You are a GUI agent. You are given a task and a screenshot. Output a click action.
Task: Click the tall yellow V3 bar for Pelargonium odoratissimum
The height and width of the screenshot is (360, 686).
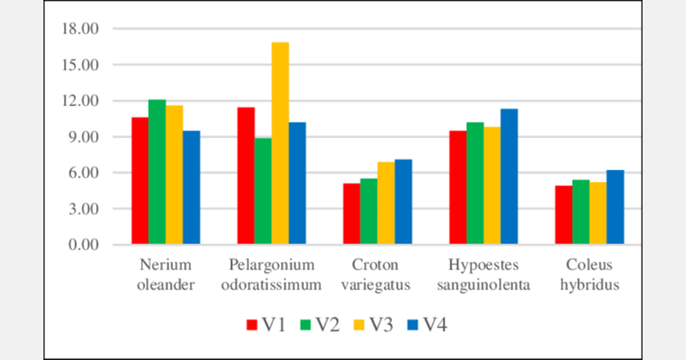pyautogui.click(x=280, y=143)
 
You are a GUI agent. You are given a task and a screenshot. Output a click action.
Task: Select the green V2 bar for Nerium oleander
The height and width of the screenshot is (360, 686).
pyautogui.click(x=157, y=171)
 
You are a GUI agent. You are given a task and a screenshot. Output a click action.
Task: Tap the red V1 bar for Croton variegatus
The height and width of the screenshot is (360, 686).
pyautogui.click(x=352, y=214)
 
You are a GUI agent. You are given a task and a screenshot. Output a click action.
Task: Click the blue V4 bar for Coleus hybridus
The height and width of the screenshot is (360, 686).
pyautogui.click(x=615, y=207)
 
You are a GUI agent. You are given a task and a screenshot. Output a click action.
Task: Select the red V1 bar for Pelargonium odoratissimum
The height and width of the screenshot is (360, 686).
pyautogui.click(x=246, y=176)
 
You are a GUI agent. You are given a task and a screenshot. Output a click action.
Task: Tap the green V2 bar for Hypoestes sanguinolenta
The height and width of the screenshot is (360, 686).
pyautogui.click(x=474, y=183)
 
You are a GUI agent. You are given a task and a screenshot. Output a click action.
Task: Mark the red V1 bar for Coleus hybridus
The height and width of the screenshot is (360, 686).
pyautogui.click(x=564, y=215)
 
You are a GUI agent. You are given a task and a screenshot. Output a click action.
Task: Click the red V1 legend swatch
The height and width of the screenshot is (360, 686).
pyautogui.click(x=252, y=325)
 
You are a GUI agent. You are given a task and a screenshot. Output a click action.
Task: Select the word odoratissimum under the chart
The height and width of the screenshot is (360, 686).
pyautogui.click(x=272, y=285)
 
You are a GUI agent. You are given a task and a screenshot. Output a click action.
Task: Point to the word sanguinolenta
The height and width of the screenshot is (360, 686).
pyautogui.click(x=484, y=285)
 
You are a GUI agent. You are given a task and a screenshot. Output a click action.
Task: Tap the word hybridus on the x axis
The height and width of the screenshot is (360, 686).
pyautogui.click(x=589, y=285)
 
